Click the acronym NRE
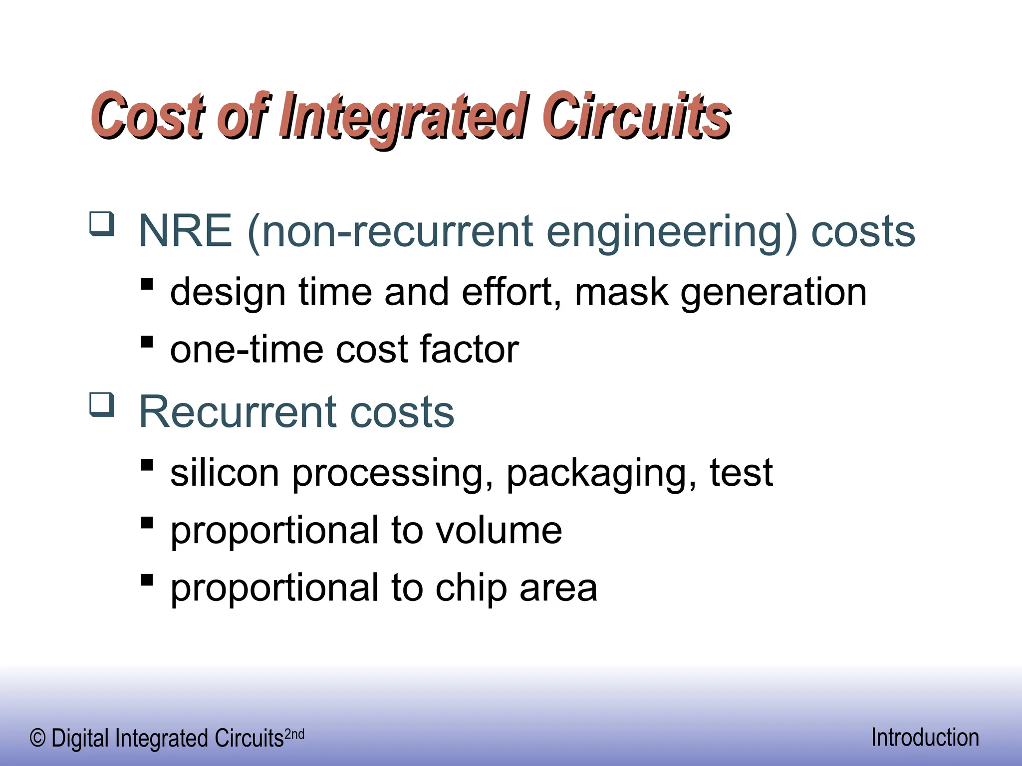click(185, 231)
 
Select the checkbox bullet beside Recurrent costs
click(102, 404)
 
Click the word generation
click(773, 293)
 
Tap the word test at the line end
click(742, 472)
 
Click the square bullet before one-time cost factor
click(147, 342)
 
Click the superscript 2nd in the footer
click(294, 734)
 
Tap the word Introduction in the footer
click(925, 738)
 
